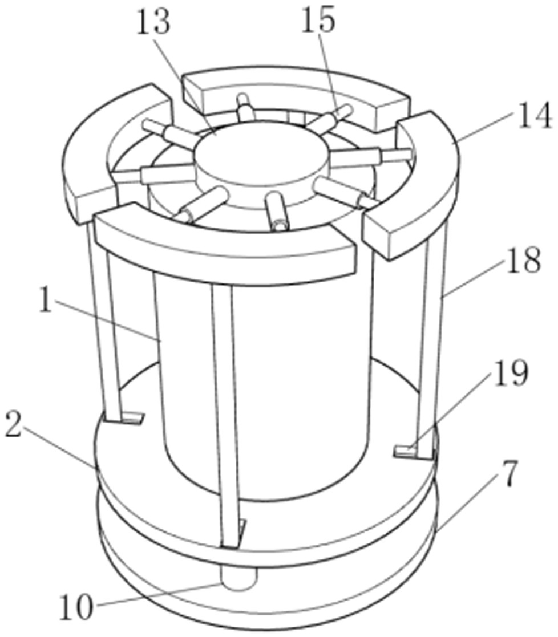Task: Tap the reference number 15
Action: coord(318,21)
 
